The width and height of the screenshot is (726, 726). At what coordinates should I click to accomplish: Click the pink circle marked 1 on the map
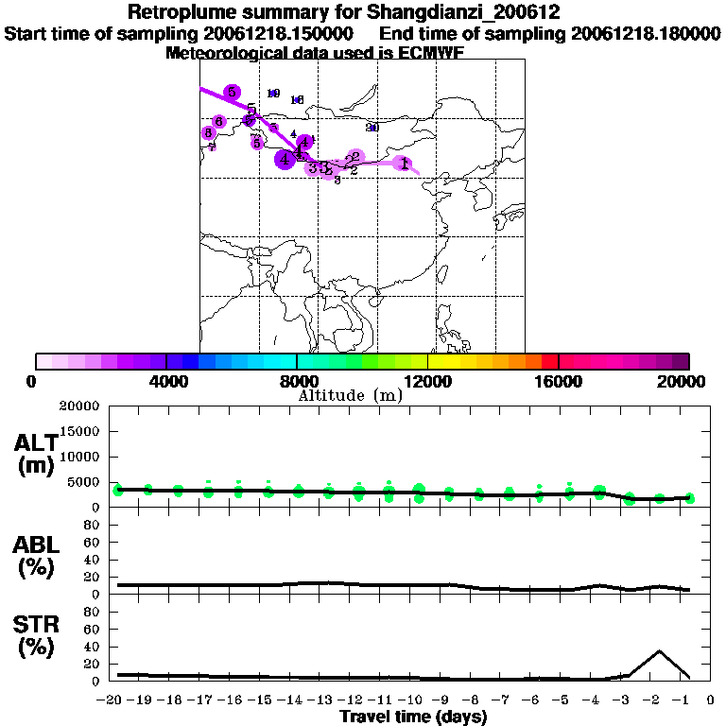coord(404,164)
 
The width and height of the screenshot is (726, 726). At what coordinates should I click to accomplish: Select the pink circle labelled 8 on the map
coord(208,133)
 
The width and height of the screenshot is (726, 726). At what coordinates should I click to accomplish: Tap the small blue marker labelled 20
coord(372,127)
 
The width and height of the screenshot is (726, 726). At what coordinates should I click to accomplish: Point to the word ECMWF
coord(429,53)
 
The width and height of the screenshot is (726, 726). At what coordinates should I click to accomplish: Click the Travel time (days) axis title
coord(413,717)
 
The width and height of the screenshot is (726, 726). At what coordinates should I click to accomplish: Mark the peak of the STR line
coord(659,651)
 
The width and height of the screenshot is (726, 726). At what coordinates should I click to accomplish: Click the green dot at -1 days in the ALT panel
coord(690,498)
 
